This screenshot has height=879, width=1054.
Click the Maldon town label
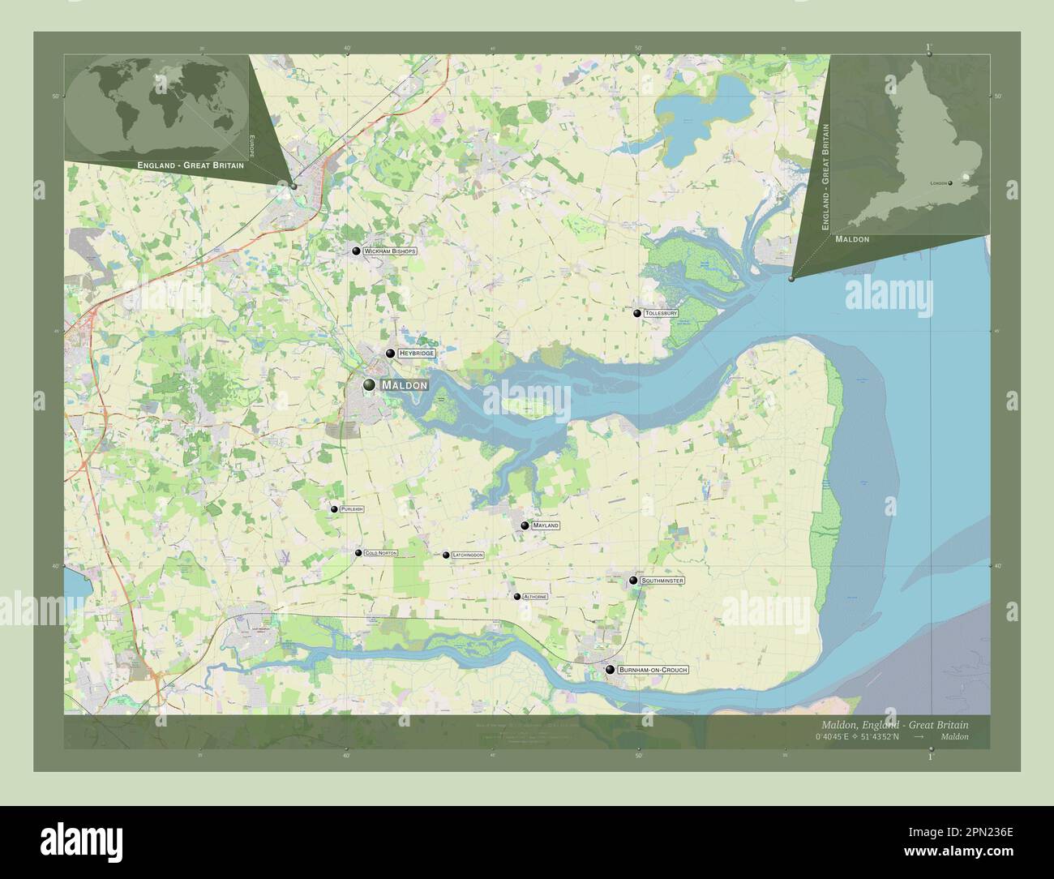point(403,385)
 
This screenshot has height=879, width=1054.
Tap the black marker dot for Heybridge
point(390,354)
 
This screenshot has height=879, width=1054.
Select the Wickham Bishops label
point(389,251)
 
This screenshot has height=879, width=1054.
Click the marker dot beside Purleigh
point(334,509)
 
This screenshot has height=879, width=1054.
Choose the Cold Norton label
point(381,553)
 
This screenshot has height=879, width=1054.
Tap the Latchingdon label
point(468,555)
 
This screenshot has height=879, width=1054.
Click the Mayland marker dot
point(525,525)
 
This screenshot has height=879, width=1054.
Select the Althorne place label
point(535,597)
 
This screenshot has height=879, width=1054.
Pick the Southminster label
point(662,581)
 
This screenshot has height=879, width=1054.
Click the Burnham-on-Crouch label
point(653,670)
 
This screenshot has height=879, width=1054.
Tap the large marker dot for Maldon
point(369,384)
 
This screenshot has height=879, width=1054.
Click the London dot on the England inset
point(949,183)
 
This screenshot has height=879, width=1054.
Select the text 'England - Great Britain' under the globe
point(191,165)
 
